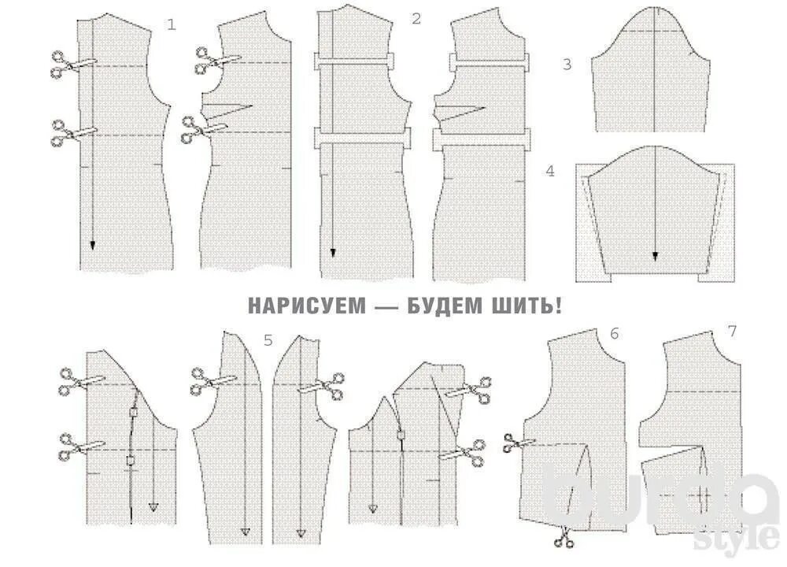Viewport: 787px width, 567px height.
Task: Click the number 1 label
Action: [x=172, y=24]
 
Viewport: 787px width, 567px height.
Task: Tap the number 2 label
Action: [x=416, y=19]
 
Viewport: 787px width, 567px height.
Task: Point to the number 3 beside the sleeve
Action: [x=567, y=65]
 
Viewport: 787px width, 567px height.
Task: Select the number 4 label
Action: [x=550, y=170]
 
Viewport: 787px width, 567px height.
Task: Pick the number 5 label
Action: [x=268, y=340]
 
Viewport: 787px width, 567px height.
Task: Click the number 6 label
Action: [x=614, y=333]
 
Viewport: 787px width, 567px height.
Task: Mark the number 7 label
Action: [x=732, y=331]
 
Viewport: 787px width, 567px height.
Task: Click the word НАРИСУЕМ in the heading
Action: [x=307, y=306]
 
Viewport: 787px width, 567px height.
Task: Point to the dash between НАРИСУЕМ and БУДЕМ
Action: [x=386, y=306]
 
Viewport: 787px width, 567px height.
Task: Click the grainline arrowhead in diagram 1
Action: [x=93, y=245]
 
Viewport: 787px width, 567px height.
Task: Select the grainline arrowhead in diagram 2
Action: [x=332, y=253]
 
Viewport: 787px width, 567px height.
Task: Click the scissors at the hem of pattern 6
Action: [x=563, y=538]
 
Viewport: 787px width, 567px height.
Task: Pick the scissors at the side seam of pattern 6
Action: [x=518, y=444]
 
